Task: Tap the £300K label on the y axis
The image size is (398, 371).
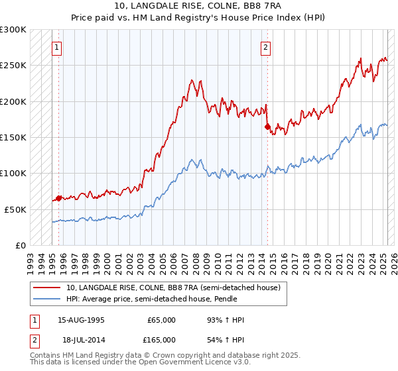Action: point(13,30)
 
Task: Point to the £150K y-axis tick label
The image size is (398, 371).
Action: point(13,137)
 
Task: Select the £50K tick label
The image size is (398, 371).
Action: point(15,209)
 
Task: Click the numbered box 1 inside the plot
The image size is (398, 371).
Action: point(56,47)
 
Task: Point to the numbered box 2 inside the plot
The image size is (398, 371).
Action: point(265,47)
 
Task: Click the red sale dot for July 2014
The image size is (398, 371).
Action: point(267,126)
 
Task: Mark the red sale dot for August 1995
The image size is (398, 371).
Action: point(58,198)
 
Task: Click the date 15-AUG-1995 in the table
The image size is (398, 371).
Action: point(81,320)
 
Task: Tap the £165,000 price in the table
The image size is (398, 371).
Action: point(161,339)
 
